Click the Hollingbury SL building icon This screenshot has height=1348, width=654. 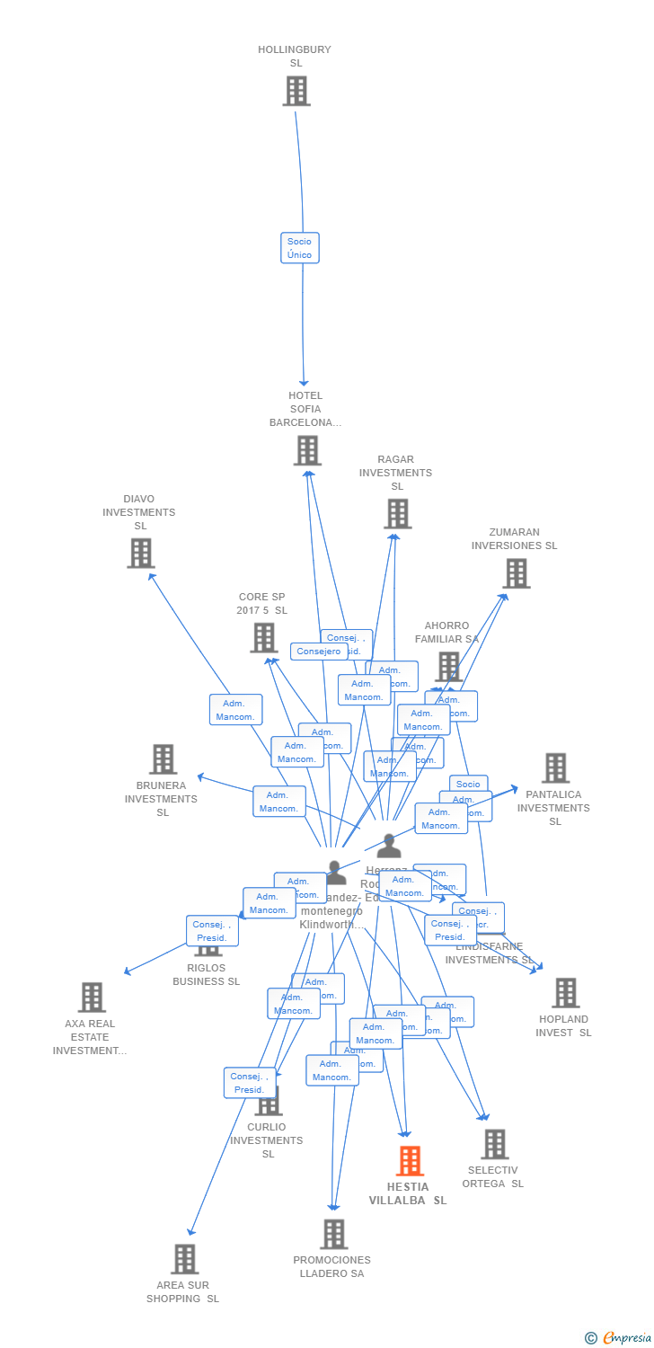296,92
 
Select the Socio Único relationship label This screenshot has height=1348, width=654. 299,248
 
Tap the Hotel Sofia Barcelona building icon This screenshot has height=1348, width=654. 307,450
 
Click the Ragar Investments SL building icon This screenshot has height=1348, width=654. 397,514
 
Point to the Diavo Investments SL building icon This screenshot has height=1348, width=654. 141,554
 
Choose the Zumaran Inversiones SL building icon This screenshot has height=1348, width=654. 516,573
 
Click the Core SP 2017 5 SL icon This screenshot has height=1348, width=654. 264,638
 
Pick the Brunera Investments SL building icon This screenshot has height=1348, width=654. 163,759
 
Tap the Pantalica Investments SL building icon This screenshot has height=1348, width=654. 555,768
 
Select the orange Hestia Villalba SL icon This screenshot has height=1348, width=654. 410,1161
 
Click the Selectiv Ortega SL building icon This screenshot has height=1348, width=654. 494,1145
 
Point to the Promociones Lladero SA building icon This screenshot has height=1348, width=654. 333,1235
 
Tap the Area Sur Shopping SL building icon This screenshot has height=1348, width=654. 184,1260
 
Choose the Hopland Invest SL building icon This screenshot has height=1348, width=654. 565,993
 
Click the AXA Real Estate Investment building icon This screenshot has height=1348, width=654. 92,998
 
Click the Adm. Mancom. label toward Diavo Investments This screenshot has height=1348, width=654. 235,710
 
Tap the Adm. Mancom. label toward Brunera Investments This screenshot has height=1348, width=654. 278,802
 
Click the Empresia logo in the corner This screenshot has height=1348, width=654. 618,1338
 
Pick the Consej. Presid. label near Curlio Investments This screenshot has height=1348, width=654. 249,1083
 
